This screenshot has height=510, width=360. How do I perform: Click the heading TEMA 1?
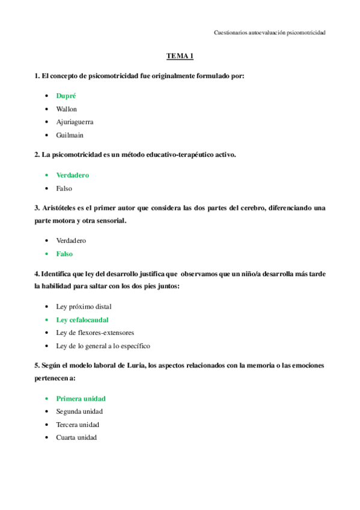click(180, 57)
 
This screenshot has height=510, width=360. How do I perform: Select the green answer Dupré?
click(66, 96)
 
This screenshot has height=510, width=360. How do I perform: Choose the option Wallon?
click(67, 109)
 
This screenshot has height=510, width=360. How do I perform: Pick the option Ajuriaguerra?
click(75, 122)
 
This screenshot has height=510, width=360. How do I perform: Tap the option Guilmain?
click(70, 135)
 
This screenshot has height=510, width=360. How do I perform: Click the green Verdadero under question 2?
click(73, 175)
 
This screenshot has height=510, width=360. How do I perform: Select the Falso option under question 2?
click(64, 188)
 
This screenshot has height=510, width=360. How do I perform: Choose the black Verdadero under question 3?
click(71, 241)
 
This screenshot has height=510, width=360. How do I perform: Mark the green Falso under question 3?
click(64, 254)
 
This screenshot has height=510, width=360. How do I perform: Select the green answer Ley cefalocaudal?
click(82, 320)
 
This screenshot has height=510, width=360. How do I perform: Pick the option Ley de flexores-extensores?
click(95, 333)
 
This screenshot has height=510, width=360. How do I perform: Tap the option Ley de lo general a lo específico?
click(103, 346)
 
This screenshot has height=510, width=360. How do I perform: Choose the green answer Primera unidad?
click(81, 398)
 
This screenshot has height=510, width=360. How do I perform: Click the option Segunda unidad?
click(79, 411)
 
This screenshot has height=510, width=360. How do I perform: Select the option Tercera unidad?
click(78, 425)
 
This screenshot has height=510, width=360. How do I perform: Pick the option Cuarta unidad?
click(76, 438)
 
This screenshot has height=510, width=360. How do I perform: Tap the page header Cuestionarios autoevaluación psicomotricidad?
click(270, 33)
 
